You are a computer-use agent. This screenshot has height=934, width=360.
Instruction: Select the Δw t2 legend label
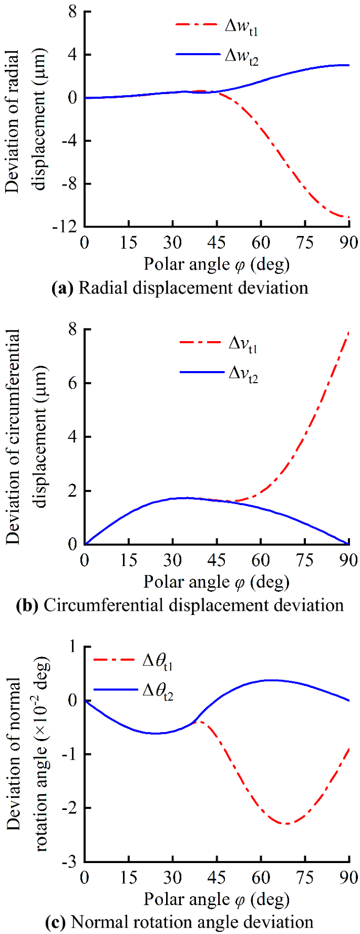coord(241,55)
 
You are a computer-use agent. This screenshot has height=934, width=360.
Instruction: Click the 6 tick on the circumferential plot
coord(71,383)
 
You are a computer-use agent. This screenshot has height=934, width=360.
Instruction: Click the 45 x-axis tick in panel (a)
coord(217,243)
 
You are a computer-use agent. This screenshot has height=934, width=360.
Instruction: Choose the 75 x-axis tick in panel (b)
coord(305,560)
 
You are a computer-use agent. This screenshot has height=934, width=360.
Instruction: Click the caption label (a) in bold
coord(63,288)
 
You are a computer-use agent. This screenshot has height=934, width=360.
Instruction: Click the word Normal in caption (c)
coord(98,922)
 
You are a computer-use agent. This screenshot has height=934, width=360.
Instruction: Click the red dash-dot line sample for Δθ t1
coord(114,660)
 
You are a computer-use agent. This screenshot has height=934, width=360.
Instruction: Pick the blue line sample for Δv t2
coord(202,372)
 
